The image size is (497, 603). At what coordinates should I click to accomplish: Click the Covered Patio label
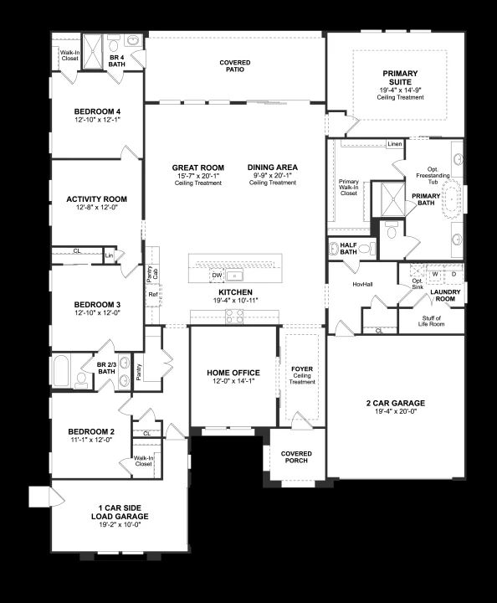coord(234,66)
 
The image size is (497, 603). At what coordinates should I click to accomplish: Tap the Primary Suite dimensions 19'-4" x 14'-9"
coord(400,90)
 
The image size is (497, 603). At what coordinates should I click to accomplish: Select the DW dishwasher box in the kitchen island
coord(217,276)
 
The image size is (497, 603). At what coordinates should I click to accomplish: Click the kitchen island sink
coord(234,276)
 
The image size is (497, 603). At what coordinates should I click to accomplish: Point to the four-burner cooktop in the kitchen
coord(234,317)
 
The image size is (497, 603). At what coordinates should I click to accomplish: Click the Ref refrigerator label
coord(153,295)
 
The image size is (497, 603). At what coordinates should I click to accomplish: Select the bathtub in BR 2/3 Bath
coord(61,371)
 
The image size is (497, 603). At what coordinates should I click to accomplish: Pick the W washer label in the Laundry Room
coord(435,274)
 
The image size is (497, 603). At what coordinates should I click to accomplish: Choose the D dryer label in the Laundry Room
coord(453,274)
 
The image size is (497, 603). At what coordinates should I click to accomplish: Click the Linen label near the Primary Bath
coord(394,144)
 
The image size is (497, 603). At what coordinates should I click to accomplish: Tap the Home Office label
coord(233,373)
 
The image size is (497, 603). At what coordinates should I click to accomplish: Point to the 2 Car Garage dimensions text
coord(396,411)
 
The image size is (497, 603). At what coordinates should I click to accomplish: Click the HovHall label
coord(362,284)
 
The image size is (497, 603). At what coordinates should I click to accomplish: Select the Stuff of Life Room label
coord(432,321)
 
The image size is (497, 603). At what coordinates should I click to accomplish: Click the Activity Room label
coord(96,199)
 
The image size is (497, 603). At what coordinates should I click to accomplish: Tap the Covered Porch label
coord(296,457)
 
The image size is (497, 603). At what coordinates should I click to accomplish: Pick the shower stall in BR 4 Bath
coord(93,52)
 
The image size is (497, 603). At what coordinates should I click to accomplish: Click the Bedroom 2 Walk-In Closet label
coord(143,461)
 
